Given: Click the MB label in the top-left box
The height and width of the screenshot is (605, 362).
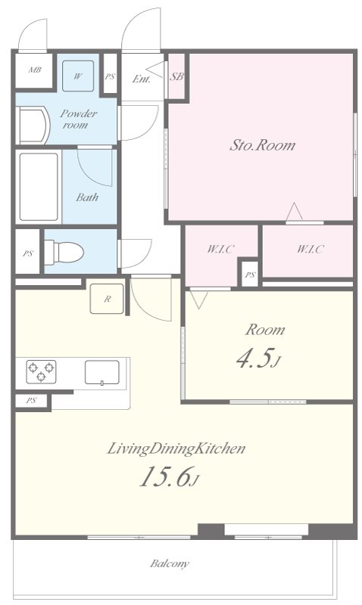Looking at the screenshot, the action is [x=35, y=70].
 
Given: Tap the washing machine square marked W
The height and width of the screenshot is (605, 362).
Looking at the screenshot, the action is [x=78, y=76].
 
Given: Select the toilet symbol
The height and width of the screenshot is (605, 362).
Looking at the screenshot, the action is [x=64, y=253].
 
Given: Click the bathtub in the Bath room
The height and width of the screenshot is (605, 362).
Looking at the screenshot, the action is [x=39, y=187].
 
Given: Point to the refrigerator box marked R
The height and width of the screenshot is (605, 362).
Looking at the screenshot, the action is [x=107, y=299].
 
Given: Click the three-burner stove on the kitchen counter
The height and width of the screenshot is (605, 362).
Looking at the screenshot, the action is [x=41, y=371].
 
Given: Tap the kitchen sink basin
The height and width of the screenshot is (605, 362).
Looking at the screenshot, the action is [x=102, y=372].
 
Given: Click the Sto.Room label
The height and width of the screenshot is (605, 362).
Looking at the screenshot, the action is [x=262, y=145].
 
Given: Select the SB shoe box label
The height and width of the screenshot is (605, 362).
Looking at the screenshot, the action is [x=176, y=76].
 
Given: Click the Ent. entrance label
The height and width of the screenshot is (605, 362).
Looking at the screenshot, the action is [x=142, y=79].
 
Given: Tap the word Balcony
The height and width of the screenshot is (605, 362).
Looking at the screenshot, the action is [x=170, y=563].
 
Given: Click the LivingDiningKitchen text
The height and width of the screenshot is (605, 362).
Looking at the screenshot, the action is [x=176, y=448].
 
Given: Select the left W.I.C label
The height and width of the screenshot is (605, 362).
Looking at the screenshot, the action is [x=221, y=249].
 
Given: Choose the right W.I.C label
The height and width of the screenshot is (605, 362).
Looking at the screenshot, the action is [x=311, y=249].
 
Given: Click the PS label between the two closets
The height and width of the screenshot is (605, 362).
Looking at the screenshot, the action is [x=251, y=275].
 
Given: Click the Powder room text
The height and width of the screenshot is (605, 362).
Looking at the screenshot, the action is [x=78, y=119].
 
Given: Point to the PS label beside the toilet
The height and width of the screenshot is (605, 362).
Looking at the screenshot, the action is [x=28, y=253].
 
